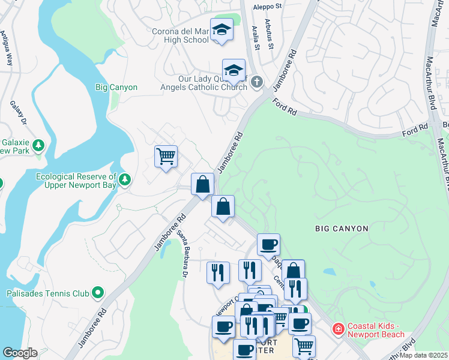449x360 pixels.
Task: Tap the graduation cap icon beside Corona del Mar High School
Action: [221, 30]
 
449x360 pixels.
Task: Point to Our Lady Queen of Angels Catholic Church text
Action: [212, 83]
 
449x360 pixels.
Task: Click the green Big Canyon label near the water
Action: [116, 88]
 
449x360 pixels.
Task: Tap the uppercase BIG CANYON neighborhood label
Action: [341, 229]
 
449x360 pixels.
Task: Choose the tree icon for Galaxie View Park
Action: [38, 145]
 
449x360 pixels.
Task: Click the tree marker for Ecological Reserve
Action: [125, 179]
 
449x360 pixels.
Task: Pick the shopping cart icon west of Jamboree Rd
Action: [166, 157]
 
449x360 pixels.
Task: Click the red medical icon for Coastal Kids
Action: [339, 329]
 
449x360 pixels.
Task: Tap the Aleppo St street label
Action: [267, 7]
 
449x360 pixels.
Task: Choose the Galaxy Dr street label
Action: [19, 113]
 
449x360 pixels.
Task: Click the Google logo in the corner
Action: [19, 353]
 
